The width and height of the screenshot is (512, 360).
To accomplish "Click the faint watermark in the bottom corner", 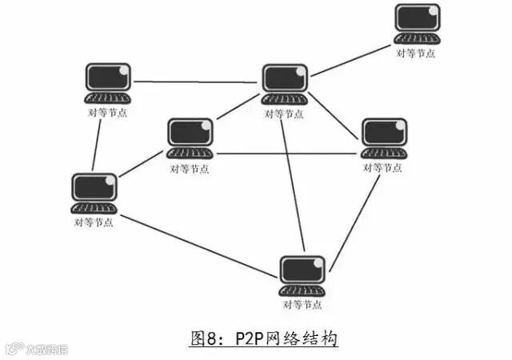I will point(36,350).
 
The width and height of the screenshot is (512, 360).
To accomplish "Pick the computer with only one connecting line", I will point(417,23).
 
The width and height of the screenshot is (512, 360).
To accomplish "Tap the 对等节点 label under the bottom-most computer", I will point(302,305).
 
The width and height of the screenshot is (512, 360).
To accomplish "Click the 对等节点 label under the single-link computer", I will point(417,53).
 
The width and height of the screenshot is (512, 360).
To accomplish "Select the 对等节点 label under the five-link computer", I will point(284,114).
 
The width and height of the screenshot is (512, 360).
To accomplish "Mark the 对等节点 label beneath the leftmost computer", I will point(94,222).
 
